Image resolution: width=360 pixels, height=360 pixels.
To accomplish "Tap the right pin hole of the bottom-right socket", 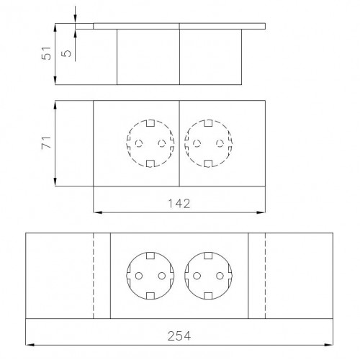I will tap(219, 275).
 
